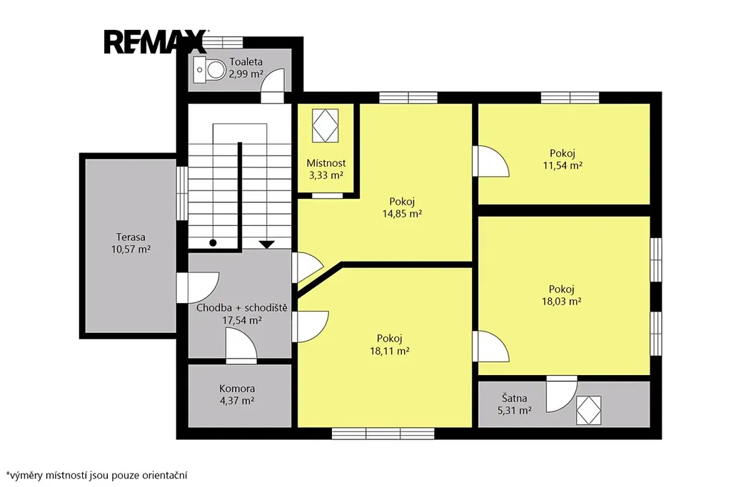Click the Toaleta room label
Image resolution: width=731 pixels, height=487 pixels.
coord(246,61)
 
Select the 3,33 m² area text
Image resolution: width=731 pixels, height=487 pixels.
coord(326,175)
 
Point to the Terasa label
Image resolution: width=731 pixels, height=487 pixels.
coord(131,237)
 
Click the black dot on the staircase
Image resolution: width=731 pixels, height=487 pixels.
coord(213,243)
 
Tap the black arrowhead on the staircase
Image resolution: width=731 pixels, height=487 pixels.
coord(267,245)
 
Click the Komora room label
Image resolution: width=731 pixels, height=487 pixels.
coord(237,389)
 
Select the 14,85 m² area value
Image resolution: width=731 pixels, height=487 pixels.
coord(402,214)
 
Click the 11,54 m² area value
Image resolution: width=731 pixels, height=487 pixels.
coord(563,165)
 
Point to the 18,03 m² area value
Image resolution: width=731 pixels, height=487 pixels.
coord(561,301)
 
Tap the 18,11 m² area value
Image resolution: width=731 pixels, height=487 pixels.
coord(389,351)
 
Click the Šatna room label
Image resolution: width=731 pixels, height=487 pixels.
coord(515,398)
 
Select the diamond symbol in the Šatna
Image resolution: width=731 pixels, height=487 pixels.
coord(588,410)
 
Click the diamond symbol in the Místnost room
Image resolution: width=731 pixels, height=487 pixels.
coord(325,125)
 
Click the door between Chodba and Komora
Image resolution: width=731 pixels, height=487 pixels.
coord(241,345)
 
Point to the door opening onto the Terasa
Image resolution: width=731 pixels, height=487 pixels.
coord(198,287)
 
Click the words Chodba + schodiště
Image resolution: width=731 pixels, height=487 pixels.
coord(241,308)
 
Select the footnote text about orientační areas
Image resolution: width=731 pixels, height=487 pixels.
coord(96,476)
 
